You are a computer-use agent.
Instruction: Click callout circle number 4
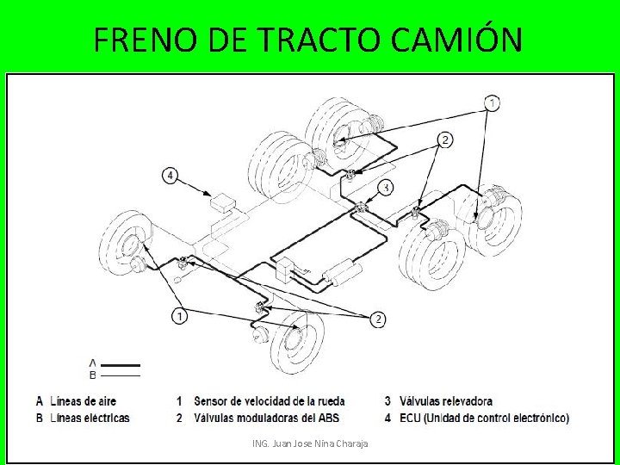click(170, 176)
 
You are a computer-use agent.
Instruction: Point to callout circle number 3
click(387, 188)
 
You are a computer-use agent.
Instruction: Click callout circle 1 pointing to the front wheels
click(179, 316)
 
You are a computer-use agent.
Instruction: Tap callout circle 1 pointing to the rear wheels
click(492, 103)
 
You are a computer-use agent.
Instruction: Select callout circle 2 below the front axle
click(377, 319)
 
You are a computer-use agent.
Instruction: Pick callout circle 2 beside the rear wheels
click(444, 139)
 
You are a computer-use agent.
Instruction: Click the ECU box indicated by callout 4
click(223, 203)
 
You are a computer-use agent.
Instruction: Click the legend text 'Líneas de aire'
click(83, 401)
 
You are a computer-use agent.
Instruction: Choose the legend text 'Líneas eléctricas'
click(90, 418)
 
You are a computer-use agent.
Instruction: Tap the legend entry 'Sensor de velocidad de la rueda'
click(270, 401)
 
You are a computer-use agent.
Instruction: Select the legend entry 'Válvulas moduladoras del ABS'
click(266, 418)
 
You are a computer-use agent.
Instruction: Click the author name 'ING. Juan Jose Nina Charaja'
click(310, 443)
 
